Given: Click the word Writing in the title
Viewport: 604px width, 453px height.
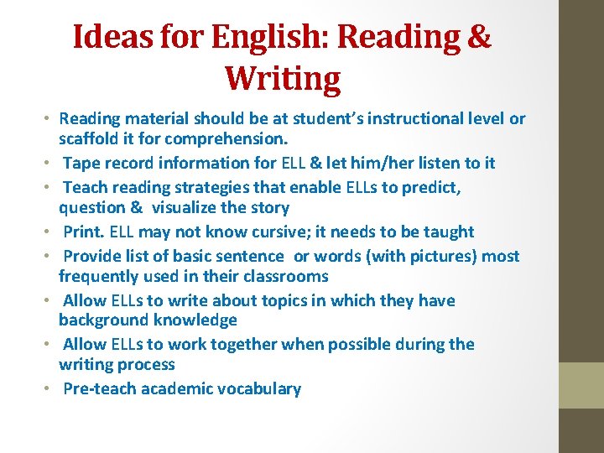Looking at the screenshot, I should tap(283, 79).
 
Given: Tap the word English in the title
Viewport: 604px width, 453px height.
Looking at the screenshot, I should tap(258, 37).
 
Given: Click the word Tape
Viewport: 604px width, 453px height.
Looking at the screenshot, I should tap(82, 163).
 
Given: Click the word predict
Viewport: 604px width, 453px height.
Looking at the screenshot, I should tap(432, 187).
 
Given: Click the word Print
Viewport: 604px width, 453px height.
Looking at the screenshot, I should tap(84, 232).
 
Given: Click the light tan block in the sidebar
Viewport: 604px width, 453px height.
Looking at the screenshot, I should tap(581, 385).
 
